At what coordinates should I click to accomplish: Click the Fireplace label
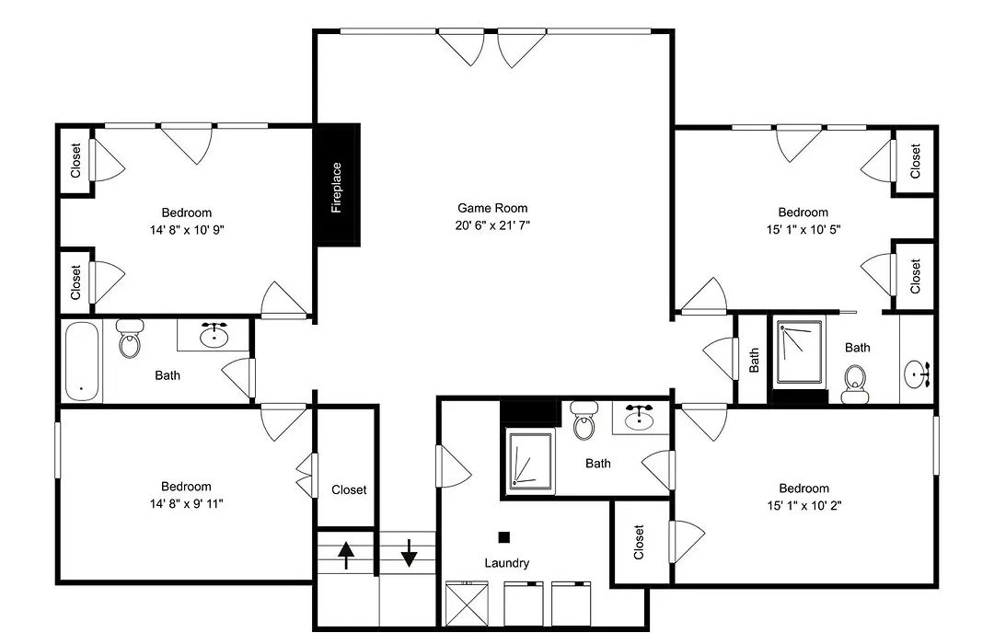337,188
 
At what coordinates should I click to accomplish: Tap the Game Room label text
492,208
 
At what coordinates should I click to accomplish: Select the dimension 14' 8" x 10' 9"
187,229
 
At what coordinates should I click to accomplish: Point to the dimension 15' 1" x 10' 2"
803,505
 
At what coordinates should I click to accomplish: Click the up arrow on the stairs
345,556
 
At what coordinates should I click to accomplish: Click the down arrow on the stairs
409,553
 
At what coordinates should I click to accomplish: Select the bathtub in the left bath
83,362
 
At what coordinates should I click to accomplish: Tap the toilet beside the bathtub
130,339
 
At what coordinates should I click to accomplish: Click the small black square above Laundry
504,537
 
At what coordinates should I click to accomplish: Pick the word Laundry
506,563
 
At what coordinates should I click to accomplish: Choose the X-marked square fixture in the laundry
468,604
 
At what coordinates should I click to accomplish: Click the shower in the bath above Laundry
531,460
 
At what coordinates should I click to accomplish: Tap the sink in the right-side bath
917,374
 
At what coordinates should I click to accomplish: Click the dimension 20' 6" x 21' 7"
492,225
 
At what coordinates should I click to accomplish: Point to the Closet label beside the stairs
349,490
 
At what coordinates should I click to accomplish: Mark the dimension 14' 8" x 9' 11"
186,504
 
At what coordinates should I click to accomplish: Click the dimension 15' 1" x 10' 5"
803,229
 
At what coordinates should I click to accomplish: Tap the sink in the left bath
214,335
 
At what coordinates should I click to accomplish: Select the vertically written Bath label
754,360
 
